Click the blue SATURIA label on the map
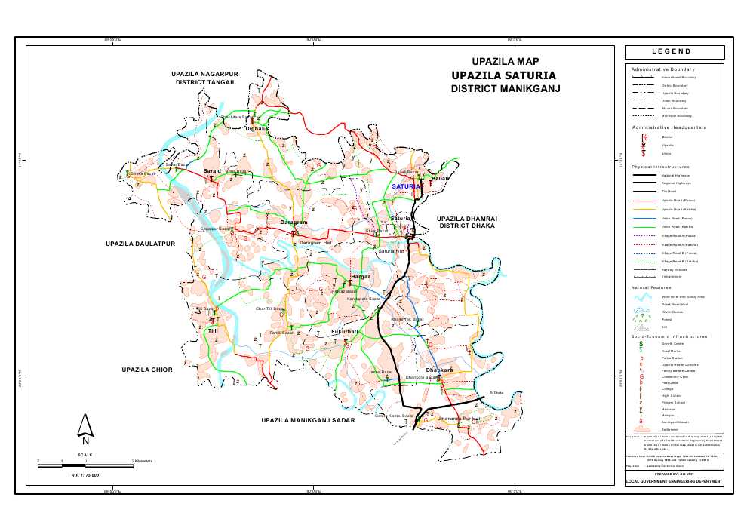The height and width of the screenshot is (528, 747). click(x=405, y=186)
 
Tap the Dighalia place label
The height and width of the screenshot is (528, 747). click(x=257, y=129)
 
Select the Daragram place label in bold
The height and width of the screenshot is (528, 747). click(x=294, y=223)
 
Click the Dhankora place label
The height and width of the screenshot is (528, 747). click(x=438, y=370)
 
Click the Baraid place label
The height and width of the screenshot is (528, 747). click(x=212, y=171)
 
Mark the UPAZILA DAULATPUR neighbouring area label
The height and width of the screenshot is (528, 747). click(x=140, y=244)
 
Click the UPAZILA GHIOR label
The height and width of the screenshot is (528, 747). click(x=147, y=370)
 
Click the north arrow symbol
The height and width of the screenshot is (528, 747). click(x=86, y=428)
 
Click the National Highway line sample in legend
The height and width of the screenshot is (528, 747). click(x=644, y=174)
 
